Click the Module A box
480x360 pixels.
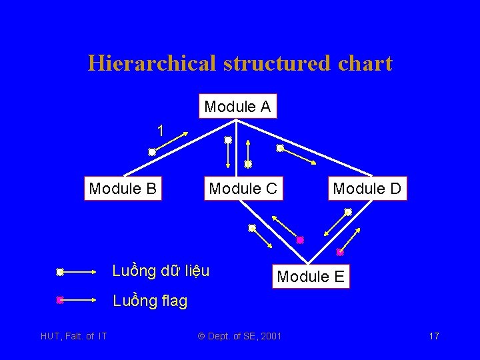(x=237, y=107)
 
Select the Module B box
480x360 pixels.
(x=123, y=189)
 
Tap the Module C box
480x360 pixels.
(x=243, y=189)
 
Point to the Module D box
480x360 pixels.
(x=367, y=189)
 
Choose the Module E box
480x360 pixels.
(x=311, y=276)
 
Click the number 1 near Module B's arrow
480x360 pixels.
(x=160, y=130)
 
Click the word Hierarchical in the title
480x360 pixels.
(x=150, y=63)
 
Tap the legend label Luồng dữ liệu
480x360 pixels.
(x=161, y=271)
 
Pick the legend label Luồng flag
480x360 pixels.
(x=150, y=301)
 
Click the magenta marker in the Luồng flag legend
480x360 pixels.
(x=60, y=300)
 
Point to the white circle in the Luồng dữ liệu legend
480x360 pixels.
(x=60, y=272)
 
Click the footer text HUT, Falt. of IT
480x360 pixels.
(x=73, y=336)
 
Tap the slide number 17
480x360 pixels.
(x=434, y=336)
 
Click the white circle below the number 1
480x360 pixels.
(x=152, y=152)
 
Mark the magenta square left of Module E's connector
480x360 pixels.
(x=300, y=240)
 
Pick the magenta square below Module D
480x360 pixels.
(x=339, y=252)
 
